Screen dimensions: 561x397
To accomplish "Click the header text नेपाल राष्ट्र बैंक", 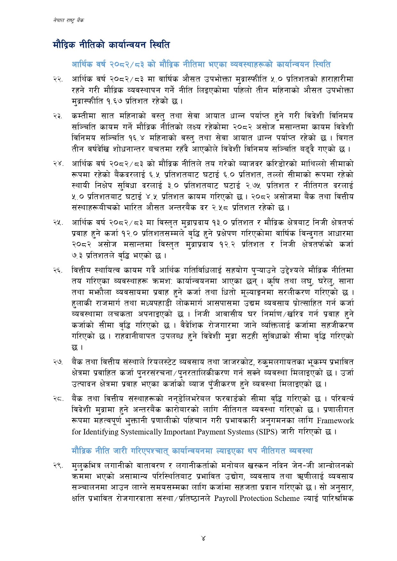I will click(x=69, y=20).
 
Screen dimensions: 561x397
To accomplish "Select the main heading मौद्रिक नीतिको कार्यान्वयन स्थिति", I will click(x=111, y=44).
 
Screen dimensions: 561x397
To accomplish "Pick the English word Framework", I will click(x=335, y=421).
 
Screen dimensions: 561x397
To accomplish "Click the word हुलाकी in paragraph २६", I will click(x=82, y=303).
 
